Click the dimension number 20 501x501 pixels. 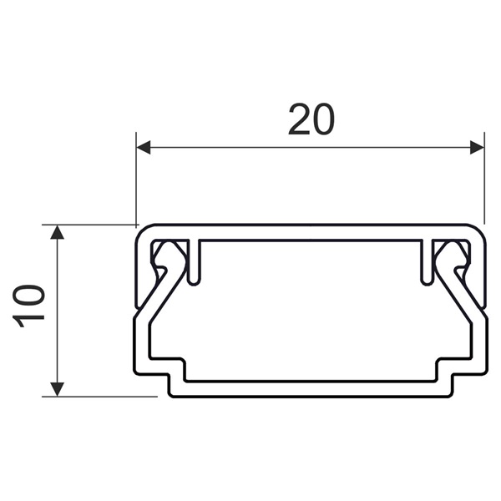(x=311, y=121)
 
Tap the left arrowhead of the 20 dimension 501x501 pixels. (x=144, y=148)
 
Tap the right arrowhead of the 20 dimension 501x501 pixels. (x=477, y=148)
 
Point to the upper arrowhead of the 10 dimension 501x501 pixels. (x=57, y=232)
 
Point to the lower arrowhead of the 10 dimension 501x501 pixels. (x=57, y=388)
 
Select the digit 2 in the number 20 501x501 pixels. (x=299, y=121)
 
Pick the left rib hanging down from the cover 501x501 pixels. (x=194, y=263)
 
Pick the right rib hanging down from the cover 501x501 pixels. (x=426, y=263)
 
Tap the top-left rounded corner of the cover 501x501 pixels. (x=140, y=230)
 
